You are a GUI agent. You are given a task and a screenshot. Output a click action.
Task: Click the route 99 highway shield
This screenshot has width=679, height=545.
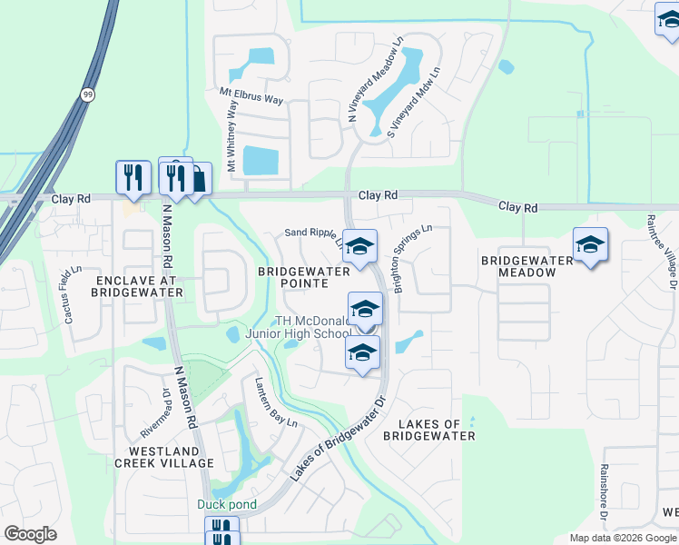(x=87, y=94)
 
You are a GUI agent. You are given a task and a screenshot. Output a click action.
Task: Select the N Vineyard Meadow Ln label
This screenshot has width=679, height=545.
(x=376, y=80)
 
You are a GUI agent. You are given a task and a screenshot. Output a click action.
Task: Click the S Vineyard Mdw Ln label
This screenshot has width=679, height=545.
(x=414, y=103)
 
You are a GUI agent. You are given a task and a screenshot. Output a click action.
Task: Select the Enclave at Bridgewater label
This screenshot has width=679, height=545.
(x=138, y=285)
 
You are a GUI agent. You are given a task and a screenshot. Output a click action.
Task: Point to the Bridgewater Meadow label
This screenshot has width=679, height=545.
(x=527, y=267)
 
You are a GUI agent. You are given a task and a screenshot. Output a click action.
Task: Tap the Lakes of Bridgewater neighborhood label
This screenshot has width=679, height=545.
(x=428, y=430)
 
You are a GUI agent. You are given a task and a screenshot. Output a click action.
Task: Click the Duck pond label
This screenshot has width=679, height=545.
(x=227, y=504)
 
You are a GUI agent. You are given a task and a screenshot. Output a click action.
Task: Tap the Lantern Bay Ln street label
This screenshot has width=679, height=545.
(x=276, y=401)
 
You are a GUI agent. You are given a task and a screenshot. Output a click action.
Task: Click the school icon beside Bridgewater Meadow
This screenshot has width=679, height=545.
(x=590, y=244)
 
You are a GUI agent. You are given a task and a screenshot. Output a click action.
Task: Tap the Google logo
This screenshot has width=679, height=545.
(x=30, y=534)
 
